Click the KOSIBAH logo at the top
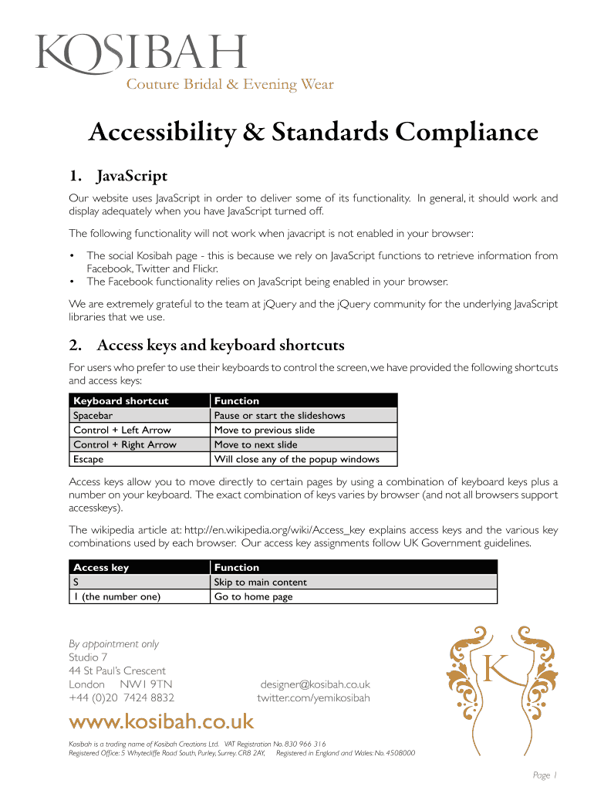[x=141, y=52]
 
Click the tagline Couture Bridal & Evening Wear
[x=230, y=85]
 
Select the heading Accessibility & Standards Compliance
[x=312, y=133]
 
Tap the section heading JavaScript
[x=131, y=177]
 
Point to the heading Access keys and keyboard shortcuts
[x=221, y=344]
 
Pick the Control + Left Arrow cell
[x=122, y=430]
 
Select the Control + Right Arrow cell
[x=125, y=444]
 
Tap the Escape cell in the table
[x=88, y=459]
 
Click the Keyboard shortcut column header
[x=120, y=400]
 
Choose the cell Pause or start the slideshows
[x=279, y=415]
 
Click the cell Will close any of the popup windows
[x=296, y=459]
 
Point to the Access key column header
[x=101, y=567]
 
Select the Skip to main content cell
[x=260, y=582]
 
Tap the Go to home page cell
[x=253, y=596]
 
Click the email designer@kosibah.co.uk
[x=315, y=684]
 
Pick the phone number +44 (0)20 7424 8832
[x=121, y=698]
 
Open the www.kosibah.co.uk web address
[x=161, y=722]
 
